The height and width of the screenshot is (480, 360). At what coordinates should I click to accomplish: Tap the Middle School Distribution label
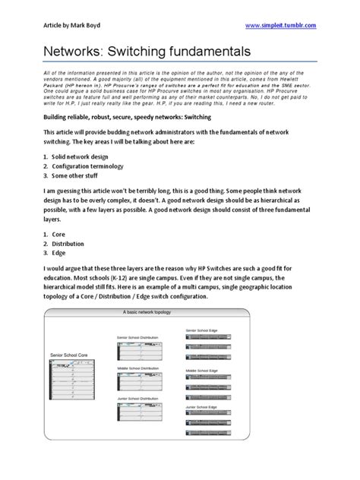coord(137,368)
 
